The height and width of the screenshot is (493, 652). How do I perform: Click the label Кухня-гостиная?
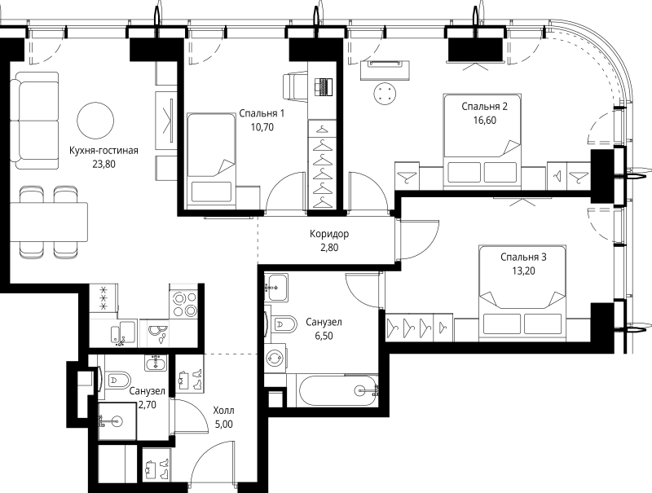[104, 151]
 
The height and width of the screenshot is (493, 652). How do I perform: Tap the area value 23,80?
[104, 164]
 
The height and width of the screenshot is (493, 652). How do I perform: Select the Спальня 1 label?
[262, 113]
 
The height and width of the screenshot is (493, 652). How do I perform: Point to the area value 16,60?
[484, 120]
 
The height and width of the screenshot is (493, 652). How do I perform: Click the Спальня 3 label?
[523, 258]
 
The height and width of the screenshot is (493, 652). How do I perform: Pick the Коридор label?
[329, 234]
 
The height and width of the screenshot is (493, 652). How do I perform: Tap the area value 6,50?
[324, 336]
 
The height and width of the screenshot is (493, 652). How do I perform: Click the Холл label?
[223, 411]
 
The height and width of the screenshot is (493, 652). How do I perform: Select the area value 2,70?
[148, 404]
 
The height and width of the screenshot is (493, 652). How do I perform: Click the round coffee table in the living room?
[95, 120]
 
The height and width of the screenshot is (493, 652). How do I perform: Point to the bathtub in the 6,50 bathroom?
[337, 390]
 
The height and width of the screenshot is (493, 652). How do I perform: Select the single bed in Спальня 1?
[210, 158]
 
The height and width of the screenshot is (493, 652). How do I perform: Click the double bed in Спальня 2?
[482, 139]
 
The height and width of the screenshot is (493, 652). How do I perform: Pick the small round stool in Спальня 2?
[385, 94]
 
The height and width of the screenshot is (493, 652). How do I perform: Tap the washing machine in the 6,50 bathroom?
[275, 358]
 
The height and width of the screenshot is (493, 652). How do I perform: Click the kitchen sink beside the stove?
[158, 332]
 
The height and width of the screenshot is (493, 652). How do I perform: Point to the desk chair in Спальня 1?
[295, 86]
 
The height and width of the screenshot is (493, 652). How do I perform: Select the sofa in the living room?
[34, 121]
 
